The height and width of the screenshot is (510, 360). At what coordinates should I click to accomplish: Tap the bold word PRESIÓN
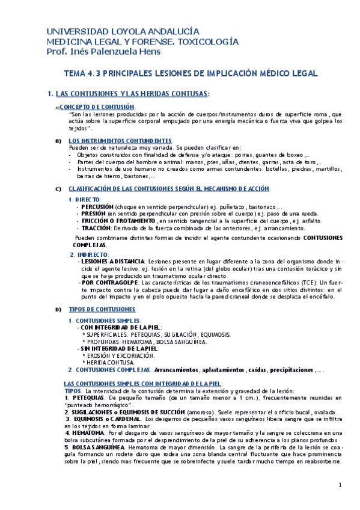[x=93, y=214]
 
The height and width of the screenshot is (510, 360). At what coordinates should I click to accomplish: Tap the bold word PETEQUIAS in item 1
[x=87, y=398]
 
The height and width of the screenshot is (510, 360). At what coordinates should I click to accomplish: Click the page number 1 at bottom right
[x=340, y=485]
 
